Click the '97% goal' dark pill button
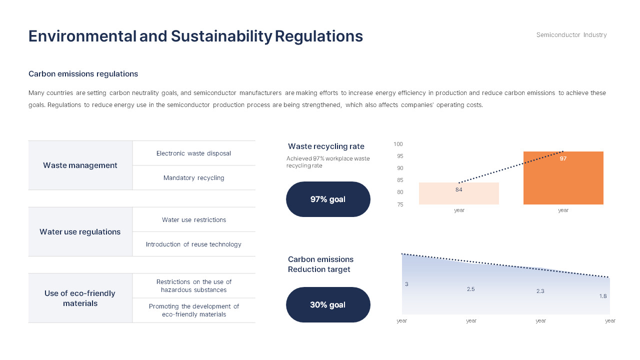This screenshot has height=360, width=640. [328, 199]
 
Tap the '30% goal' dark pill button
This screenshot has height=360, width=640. [328, 304]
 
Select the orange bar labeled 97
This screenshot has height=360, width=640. [563, 180]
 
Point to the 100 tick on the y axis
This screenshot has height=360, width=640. [398, 144]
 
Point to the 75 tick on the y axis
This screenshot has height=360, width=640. [399, 204]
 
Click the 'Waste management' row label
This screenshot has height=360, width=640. [80, 165]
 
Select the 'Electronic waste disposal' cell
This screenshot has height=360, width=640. [193, 153]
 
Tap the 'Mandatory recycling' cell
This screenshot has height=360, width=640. [193, 178]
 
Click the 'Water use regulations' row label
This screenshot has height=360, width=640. [80, 232]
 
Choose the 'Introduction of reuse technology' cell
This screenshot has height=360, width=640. [193, 244]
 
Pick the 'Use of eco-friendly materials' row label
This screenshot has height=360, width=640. [80, 298]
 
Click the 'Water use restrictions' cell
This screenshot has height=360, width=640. [193, 220]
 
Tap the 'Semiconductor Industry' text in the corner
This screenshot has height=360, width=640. [571, 35]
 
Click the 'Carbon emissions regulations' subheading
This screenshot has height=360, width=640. [83, 74]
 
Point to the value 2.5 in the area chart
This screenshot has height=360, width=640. [470, 289]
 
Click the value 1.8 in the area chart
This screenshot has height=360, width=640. [602, 296]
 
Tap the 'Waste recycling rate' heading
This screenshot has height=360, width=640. [326, 146]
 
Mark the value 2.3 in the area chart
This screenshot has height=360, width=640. [540, 291]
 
